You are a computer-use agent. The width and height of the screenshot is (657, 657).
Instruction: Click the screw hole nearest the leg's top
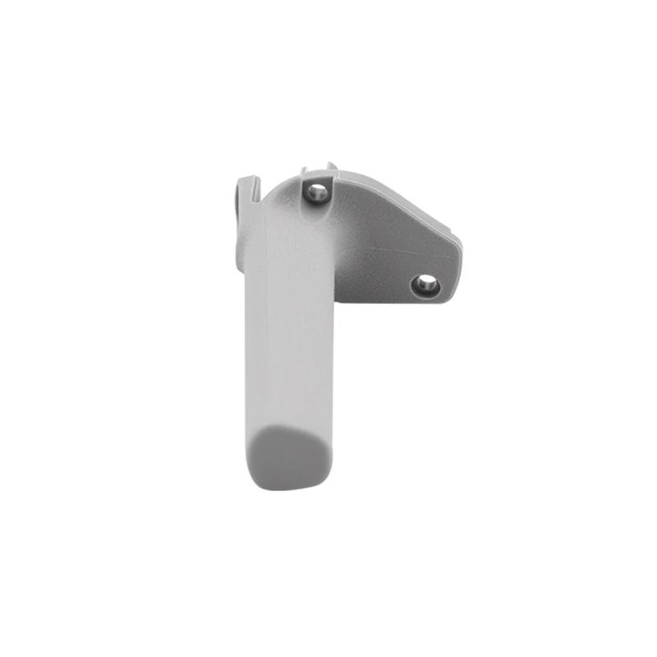[317, 193]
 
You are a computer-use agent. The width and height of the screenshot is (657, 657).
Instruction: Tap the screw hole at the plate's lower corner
[425, 285]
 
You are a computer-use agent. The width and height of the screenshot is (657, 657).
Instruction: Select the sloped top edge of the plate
[402, 197]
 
